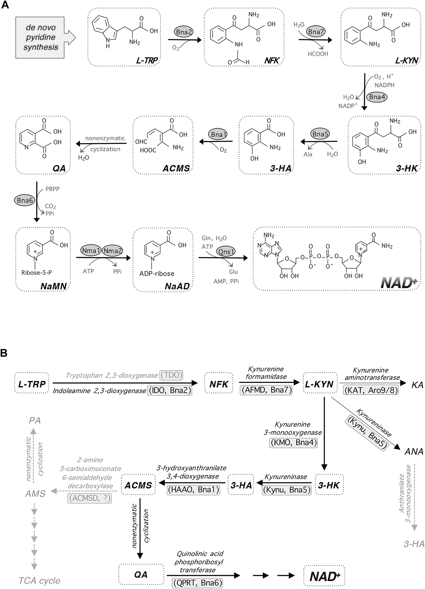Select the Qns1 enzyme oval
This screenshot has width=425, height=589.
[x=226, y=251]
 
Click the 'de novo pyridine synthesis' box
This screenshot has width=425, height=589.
[x=40, y=37]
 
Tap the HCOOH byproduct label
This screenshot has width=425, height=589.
[x=318, y=54]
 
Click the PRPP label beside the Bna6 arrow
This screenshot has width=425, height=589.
[x=52, y=189]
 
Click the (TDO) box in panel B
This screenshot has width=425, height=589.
[x=171, y=375]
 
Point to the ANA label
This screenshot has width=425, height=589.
[x=414, y=452]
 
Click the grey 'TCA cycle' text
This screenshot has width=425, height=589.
[x=39, y=581]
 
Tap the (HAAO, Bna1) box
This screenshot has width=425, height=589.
[x=193, y=490]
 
